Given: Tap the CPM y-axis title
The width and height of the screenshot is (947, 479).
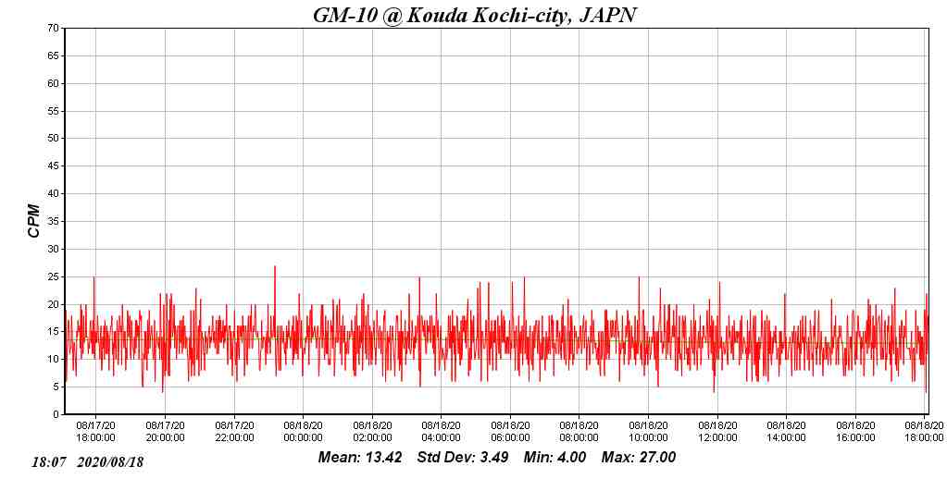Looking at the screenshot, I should click(x=34, y=221).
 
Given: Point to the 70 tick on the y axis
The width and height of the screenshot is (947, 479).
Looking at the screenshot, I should click(x=54, y=29).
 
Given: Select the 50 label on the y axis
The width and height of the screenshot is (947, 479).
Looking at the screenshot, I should click(x=54, y=139).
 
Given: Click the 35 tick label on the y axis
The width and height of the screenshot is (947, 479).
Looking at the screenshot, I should click(x=54, y=222).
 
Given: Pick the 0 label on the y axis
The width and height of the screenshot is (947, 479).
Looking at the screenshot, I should click(x=56, y=415).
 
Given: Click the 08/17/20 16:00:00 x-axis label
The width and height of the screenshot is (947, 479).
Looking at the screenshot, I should click(x=95, y=432).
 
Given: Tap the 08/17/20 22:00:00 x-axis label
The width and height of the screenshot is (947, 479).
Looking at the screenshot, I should click(x=234, y=432).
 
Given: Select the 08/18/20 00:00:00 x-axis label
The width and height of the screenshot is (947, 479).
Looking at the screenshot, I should click(x=303, y=432).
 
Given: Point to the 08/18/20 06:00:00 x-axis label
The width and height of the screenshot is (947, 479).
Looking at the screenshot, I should click(x=510, y=432).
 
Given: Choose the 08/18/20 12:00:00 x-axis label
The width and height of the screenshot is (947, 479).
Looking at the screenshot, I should click(x=717, y=432).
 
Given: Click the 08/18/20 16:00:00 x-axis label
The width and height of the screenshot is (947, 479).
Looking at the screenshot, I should click(x=855, y=432).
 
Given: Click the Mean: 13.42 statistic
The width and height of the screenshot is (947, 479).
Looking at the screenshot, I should click(x=360, y=458).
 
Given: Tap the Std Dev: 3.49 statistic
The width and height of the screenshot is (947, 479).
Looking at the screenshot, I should click(x=463, y=458).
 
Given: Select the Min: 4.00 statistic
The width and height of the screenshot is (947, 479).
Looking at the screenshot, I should click(x=554, y=458).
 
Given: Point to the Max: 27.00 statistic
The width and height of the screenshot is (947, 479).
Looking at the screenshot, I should click(x=639, y=458).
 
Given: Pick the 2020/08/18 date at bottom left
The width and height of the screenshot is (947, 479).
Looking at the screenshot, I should click(x=111, y=461).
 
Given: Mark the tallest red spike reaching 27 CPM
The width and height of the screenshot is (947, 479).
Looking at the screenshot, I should click(x=275, y=267).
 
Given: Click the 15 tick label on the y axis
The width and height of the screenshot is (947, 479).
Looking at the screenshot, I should click(x=54, y=332).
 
